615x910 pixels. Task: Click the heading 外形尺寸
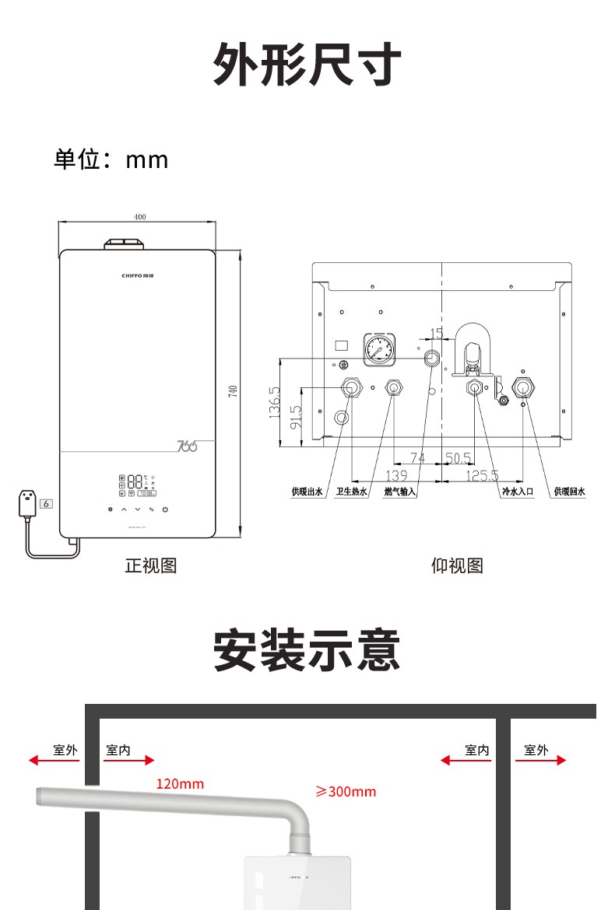tap(307, 65)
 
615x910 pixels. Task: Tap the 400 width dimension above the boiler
tap(140, 217)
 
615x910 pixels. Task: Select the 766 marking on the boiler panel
tap(187, 446)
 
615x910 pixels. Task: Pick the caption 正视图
tap(151, 565)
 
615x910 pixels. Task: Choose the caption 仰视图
tap(457, 565)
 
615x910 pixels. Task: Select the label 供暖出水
tap(307, 492)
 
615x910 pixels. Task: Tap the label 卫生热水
tap(351, 492)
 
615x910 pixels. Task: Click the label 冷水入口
tap(518, 492)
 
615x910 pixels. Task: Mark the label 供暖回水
tap(569, 492)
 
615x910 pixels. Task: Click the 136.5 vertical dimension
tap(274, 401)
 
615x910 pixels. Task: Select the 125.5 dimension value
tap(483, 475)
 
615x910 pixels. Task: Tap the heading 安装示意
tap(307, 652)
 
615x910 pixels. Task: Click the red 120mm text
tap(180, 783)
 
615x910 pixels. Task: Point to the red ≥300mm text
tap(346, 792)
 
